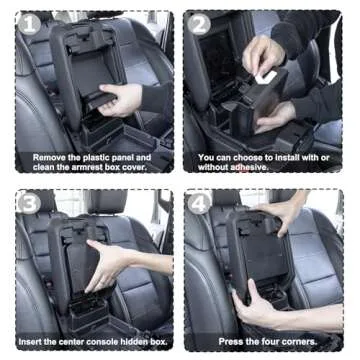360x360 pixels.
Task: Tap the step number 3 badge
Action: (x=28, y=202)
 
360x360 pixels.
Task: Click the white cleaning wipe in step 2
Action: (x=266, y=75)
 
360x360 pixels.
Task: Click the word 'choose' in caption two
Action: (x=251, y=157)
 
